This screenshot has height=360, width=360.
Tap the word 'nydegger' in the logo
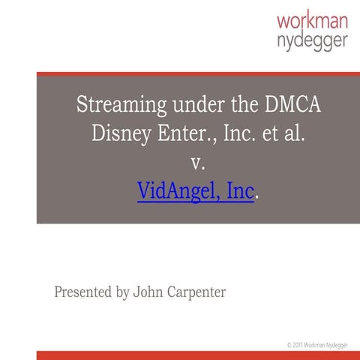[x=312, y=40]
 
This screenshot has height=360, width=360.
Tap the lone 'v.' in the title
[x=198, y=163]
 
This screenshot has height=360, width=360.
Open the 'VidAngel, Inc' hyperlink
[x=196, y=191]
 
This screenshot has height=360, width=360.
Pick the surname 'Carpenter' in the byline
[x=197, y=292]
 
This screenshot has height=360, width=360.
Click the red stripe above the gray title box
[x=198, y=74]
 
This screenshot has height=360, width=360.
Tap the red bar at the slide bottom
[x=198, y=355]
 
